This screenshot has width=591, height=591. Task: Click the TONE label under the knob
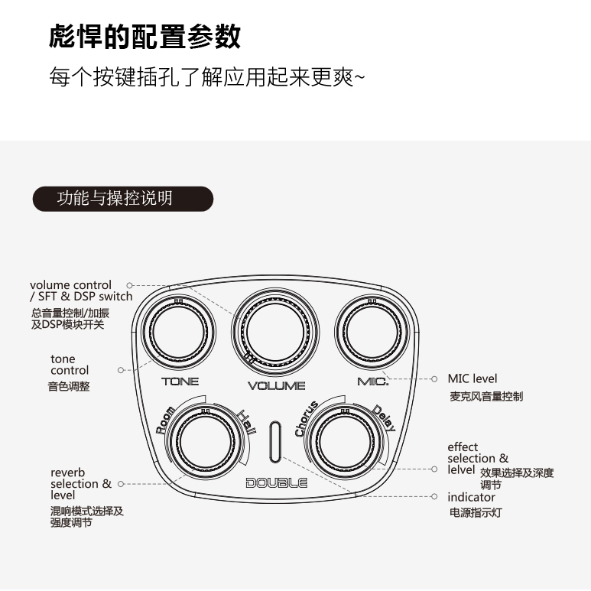click(x=180, y=382)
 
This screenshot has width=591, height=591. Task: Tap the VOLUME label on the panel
click(x=276, y=385)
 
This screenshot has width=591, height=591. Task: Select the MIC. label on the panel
click(x=372, y=382)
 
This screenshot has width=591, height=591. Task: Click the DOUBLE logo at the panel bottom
click(x=276, y=483)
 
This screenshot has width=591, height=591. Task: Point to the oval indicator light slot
click(x=275, y=442)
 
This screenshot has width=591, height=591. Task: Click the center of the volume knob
click(x=275, y=332)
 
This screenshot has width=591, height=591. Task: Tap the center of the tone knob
click(x=179, y=332)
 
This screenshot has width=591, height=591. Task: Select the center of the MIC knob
click(x=372, y=332)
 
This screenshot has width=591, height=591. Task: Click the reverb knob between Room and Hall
click(x=206, y=442)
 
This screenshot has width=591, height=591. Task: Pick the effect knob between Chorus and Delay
click(x=345, y=442)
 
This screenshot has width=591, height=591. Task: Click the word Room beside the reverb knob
click(x=166, y=421)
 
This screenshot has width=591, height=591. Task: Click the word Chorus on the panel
click(x=307, y=419)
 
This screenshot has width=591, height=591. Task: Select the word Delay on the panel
click(x=384, y=418)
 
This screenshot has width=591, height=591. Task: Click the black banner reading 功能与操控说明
click(x=123, y=199)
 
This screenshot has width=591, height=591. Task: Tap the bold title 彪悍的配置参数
click(x=145, y=36)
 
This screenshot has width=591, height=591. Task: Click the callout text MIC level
click(x=472, y=378)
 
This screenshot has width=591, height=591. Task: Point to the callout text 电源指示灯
click(x=476, y=512)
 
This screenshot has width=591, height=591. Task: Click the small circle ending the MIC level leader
click(x=434, y=378)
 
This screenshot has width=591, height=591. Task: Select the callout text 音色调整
click(x=69, y=386)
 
